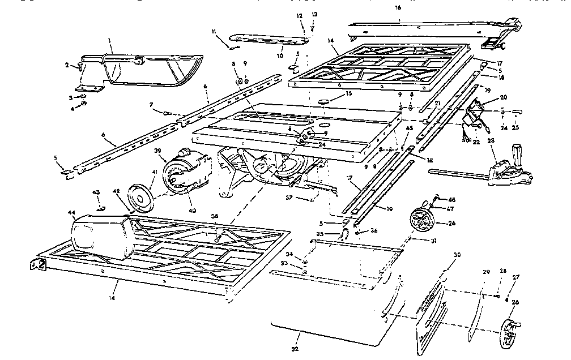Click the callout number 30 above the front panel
point(458,255)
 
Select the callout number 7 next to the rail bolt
point(151,105)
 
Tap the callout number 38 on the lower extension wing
point(214,216)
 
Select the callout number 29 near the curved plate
point(485,273)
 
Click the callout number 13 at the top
point(315,14)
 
